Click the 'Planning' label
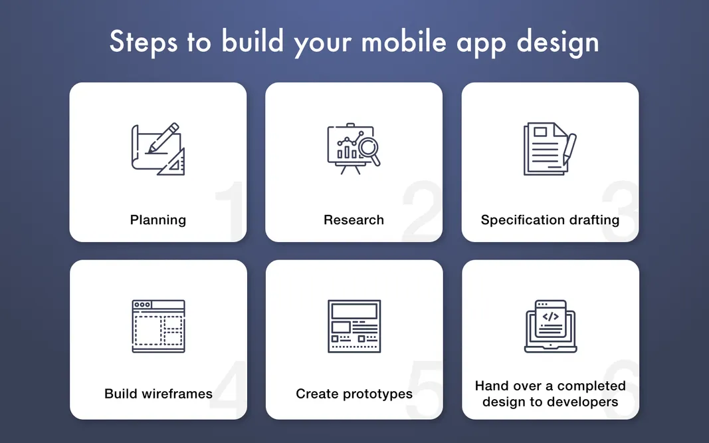click(x=158, y=220)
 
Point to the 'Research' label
click(x=354, y=220)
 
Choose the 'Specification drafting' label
click(x=550, y=220)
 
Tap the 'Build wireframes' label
click(x=158, y=394)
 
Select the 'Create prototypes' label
click(x=354, y=394)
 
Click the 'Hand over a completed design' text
click(x=550, y=394)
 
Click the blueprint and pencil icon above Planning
click(x=157, y=149)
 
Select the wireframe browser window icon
click(x=158, y=326)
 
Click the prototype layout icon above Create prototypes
click(x=354, y=326)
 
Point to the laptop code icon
click(x=550, y=326)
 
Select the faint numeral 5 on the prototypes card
click(x=424, y=392)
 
